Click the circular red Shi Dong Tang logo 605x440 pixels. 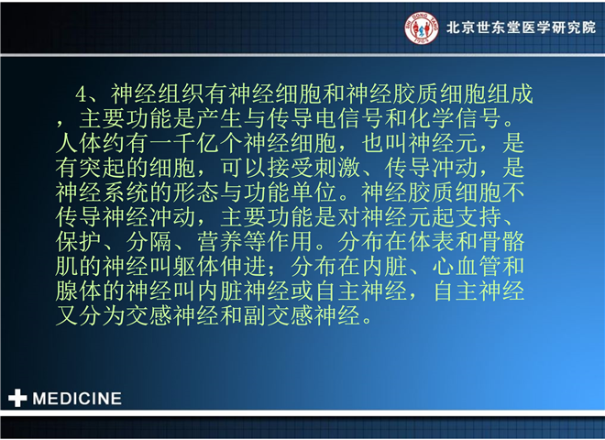coord(422,27)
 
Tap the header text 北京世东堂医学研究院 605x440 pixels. coord(521,27)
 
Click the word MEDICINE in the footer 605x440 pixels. coord(77,399)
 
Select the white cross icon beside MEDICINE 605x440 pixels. coord(17,398)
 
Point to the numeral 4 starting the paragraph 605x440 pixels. coord(82,93)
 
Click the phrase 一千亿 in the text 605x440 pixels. coord(184,143)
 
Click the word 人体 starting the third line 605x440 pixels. coord(79,143)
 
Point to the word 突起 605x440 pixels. coord(103,168)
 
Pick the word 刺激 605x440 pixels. coord(337,168)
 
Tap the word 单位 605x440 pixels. coord(314,192)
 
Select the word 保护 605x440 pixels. coord(79,242)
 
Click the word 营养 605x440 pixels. coord(220,242)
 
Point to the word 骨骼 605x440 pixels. coord(501,242)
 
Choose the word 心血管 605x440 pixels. coord(466,267)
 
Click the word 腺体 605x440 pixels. coord(79,291)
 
